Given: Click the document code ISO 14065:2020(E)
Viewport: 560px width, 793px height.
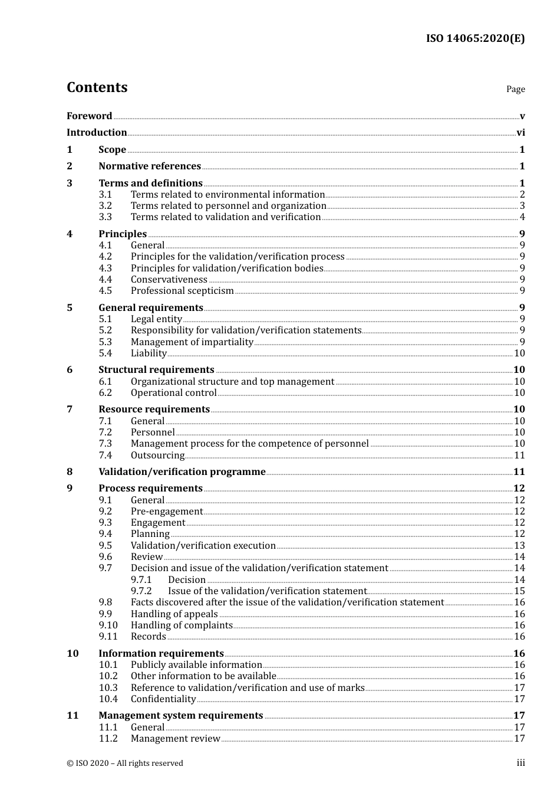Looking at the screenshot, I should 475,38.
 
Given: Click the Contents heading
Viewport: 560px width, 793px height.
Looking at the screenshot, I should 97,87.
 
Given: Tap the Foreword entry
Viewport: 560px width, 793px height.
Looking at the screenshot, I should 89,116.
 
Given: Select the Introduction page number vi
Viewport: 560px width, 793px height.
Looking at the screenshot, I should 521,133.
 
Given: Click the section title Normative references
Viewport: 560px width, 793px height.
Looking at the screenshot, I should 150,166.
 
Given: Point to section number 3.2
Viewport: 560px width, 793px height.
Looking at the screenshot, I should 106,206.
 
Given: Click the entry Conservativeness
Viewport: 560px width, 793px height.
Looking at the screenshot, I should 169,280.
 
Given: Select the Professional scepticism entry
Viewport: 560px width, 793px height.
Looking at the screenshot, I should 182,291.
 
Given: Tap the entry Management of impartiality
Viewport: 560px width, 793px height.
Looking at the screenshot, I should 192,342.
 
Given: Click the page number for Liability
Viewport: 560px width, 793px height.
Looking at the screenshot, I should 519,353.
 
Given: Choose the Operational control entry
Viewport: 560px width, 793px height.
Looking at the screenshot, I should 174,393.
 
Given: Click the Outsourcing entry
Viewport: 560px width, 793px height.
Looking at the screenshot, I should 157,456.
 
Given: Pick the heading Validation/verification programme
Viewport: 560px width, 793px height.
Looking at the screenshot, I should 182,472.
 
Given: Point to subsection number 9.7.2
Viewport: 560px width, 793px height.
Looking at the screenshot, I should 141,591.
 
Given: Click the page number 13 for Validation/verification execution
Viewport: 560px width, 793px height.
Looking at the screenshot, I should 519,546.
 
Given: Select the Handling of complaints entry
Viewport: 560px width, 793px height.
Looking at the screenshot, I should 182,625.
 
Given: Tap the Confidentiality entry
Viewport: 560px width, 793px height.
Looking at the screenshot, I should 163,699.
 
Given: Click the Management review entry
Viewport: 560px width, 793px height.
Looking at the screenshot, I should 176,739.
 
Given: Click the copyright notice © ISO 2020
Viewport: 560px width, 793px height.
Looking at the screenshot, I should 125,763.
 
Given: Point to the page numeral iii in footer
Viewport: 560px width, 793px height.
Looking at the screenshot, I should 521,763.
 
